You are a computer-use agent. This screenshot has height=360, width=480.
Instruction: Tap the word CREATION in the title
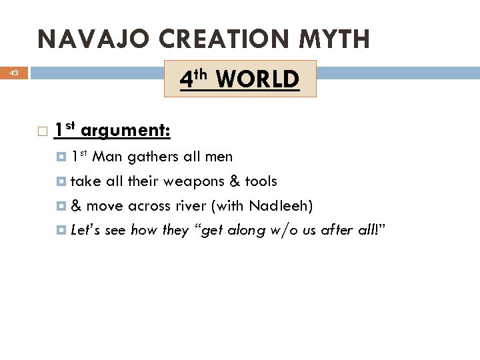click(198, 40)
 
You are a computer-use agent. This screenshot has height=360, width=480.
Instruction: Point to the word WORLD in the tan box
click(258, 80)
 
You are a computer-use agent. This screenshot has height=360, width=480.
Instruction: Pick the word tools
click(261, 181)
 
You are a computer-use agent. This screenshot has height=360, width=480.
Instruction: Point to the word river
click(187, 205)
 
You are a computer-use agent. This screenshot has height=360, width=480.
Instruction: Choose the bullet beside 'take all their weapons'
click(62, 181)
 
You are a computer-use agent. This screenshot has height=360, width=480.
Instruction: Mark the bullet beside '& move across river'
click(62, 205)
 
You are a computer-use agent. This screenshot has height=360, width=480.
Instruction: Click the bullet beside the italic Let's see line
click(62, 230)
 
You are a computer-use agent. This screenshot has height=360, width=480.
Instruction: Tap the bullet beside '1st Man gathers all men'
click(62, 157)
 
